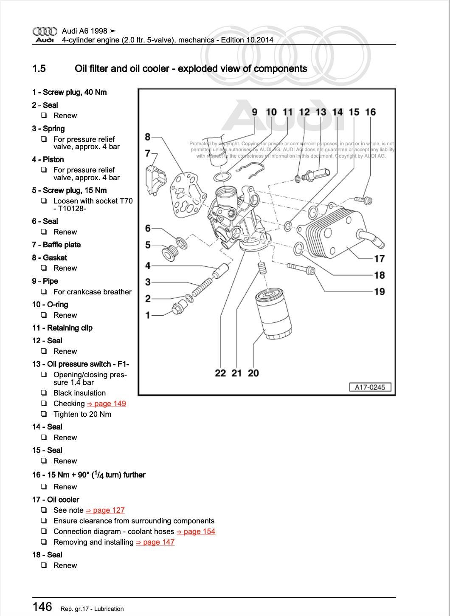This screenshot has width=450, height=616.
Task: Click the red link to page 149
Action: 107,404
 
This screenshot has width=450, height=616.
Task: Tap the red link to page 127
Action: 105,510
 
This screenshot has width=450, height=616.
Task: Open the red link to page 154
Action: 196,531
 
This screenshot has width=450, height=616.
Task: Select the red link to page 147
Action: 155,542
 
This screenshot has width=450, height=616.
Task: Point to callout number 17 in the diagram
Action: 379,258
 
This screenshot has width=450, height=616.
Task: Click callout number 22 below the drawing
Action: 220,373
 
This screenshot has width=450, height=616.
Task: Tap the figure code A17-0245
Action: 370,387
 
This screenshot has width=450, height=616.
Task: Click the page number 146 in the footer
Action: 42,607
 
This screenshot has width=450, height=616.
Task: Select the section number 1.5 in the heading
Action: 39,69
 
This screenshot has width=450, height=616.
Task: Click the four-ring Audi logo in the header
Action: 45,31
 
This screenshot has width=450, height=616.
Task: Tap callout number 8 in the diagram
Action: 147,137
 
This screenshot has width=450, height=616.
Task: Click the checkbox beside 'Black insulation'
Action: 44,393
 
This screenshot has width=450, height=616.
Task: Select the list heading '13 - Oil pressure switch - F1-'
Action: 81,364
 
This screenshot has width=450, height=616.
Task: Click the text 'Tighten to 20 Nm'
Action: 82,414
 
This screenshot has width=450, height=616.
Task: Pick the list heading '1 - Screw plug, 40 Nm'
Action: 69,92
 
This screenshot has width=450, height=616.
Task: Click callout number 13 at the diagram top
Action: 321,112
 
